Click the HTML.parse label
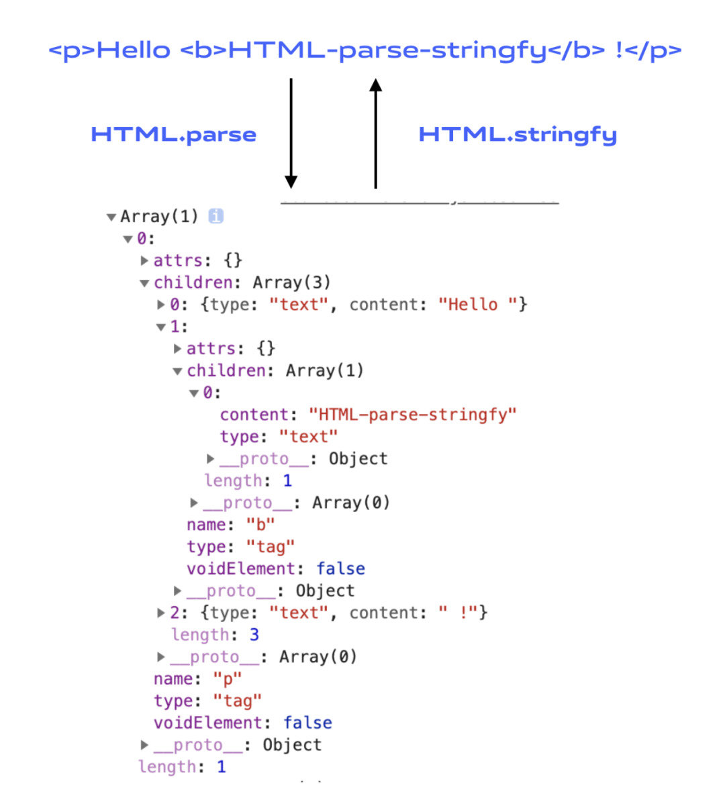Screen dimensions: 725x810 click(x=174, y=135)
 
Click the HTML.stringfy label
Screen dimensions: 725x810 click(x=518, y=135)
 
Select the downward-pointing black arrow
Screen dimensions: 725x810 click(x=291, y=133)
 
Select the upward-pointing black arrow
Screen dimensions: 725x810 click(x=375, y=133)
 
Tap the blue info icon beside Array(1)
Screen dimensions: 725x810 click(x=216, y=216)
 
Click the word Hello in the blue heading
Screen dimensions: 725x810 click(x=134, y=50)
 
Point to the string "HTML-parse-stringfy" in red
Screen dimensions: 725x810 click(x=412, y=415)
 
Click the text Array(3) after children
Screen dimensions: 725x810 click(x=291, y=283)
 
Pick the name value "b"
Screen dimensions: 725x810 click(x=260, y=525)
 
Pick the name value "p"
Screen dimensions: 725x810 click(x=227, y=679)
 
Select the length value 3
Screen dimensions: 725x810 click(x=254, y=634)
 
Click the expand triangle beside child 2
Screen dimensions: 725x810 click(x=160, y=613)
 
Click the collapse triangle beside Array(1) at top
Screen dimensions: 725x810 click(x=111, y=217)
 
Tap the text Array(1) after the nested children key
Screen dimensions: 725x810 click(x=324, y=370)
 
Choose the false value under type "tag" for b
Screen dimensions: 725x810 click(x=341, y=568)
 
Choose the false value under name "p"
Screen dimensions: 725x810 click(x=307, y=723)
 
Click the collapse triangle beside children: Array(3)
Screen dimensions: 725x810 click(x=144, y=283)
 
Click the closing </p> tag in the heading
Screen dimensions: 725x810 click(x=659, y=51)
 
